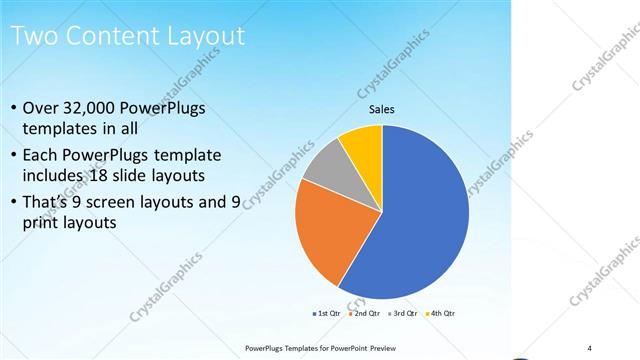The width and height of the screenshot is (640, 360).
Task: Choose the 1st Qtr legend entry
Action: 328,313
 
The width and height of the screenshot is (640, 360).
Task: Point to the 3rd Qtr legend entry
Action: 403,313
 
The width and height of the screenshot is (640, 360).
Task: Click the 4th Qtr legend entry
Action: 440,313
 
